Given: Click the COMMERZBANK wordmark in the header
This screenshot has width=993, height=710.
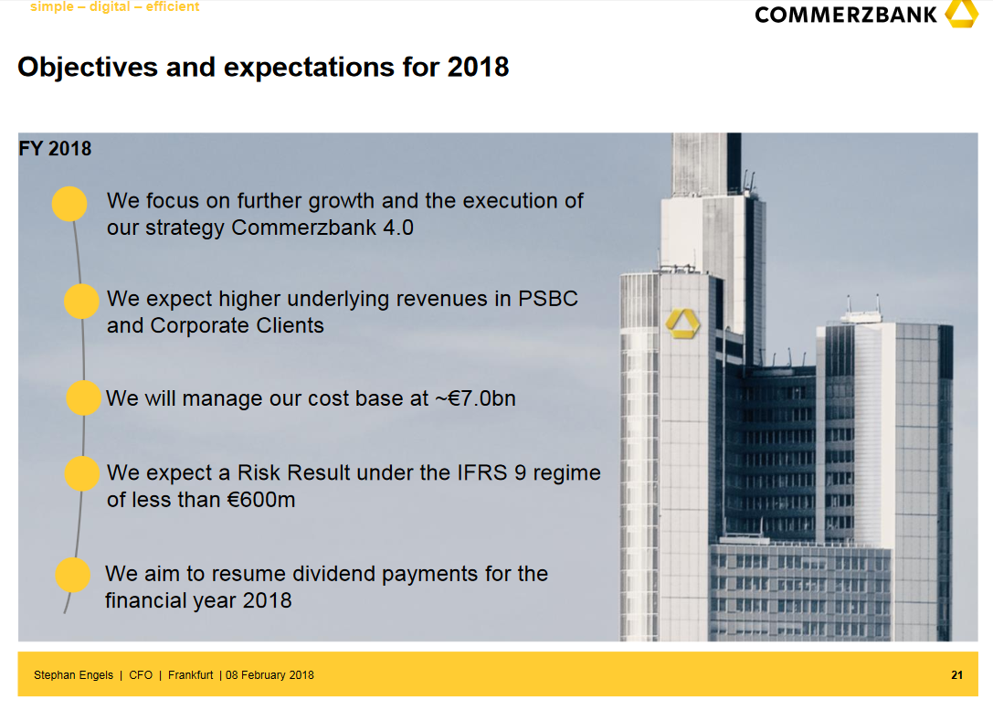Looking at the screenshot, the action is click(x=845, y=15).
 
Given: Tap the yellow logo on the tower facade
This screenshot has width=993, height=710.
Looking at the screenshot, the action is click(x=682, y=323).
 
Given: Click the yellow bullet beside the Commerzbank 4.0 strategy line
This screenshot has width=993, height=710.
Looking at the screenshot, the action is click(x=69, y=204).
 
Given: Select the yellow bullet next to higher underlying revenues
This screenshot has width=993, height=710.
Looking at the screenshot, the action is click(x=81, y=301).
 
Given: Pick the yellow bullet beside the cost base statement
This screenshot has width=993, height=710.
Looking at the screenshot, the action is click(x=84, y=397).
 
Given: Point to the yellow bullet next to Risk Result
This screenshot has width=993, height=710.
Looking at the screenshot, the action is click(x=82, y=473).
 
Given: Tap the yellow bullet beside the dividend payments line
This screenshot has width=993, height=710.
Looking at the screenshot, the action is click(x=73, y=575).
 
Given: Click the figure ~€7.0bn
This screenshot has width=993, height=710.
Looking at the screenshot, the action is click(x=475, y=398).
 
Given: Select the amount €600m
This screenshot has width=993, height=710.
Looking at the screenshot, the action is click(x=261, y=500).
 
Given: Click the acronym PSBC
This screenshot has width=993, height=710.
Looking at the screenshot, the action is click(x=548, y=298).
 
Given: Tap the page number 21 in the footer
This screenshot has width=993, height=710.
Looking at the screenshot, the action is click(x=956, y=675).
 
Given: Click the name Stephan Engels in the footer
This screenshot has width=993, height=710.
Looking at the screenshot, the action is click(x=73, y=675).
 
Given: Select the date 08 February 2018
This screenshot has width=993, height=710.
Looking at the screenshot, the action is click(x=269, y=675).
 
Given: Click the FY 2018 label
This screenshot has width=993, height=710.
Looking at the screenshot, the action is click(x=55, y=148).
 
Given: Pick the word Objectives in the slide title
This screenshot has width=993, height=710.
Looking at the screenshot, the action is click(x=88, y=67).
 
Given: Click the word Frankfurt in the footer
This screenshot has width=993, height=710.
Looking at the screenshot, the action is click(x=191, y=675).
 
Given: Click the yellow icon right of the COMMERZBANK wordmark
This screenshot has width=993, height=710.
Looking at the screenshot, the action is click(x=961, y=14).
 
